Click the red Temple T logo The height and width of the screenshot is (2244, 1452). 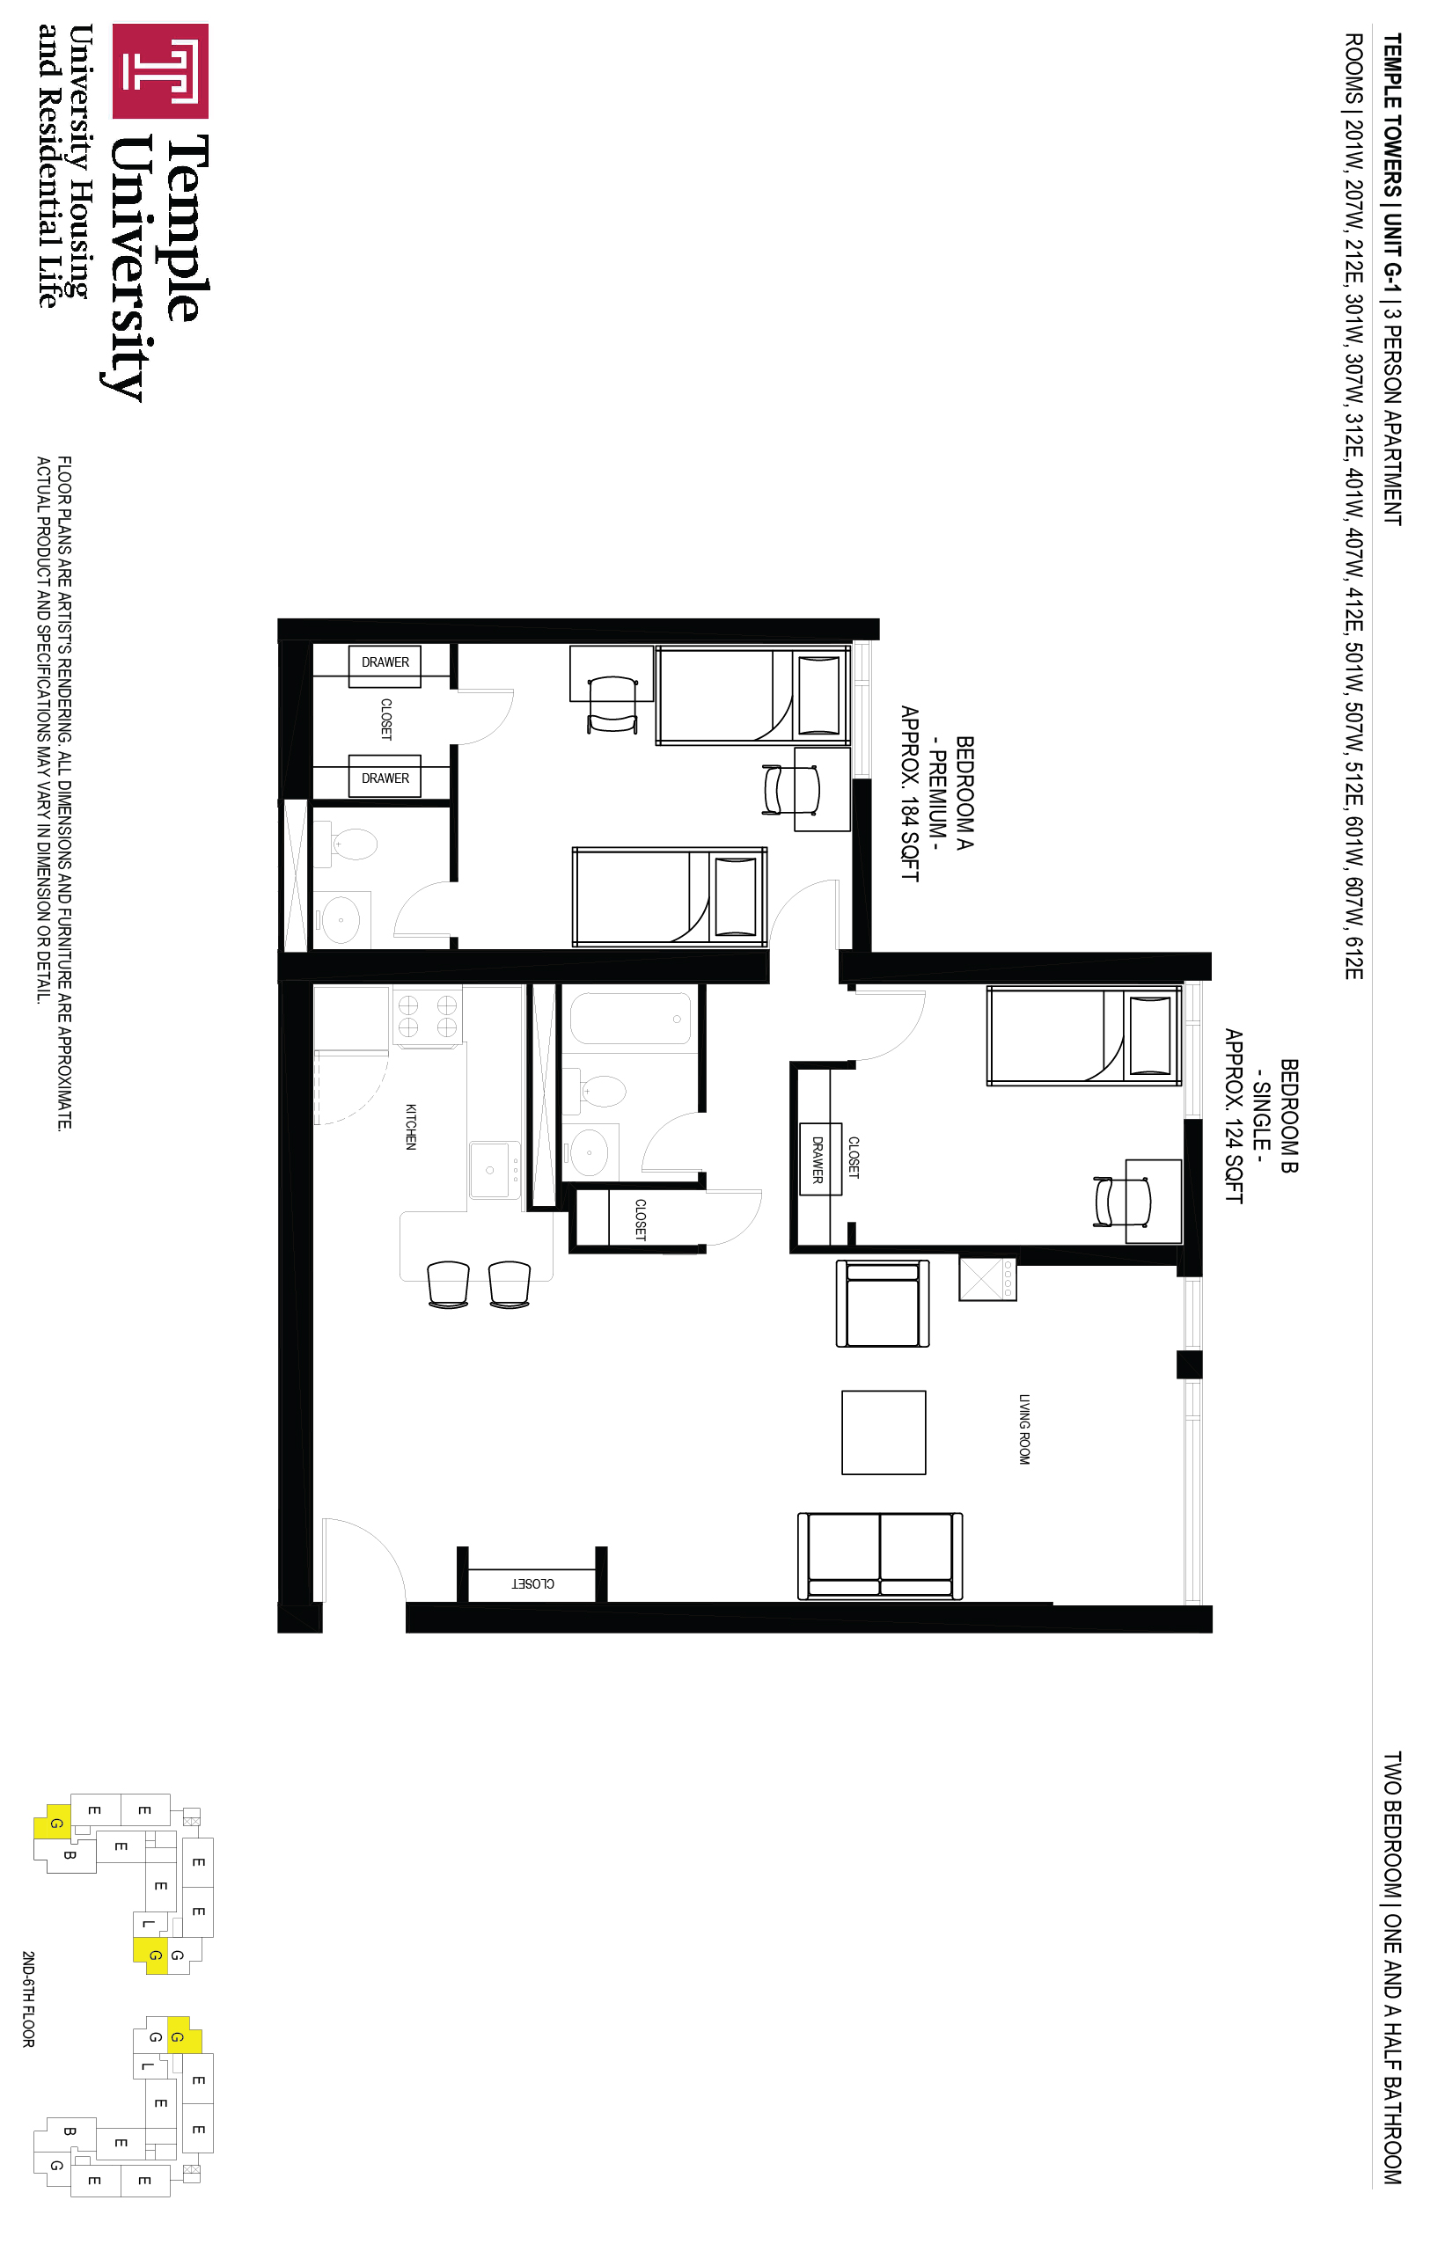click(160, 70)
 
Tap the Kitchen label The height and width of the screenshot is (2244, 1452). click(410, 1126)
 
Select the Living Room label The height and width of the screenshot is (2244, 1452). click(1024, 1429)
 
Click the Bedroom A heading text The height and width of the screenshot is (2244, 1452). click(964, 793)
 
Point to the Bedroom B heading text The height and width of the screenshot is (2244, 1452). click(1289, 1116)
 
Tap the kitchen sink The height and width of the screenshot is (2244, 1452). click(494, 1170)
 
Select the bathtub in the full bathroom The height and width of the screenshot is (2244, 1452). click(630, 1018)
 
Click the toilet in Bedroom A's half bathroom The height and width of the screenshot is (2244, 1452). click(347, 844)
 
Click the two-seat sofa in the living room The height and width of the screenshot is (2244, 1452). click(880, 1555)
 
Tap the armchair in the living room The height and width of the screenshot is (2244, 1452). click(883, 1304)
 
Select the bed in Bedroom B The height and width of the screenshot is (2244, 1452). click(1083, 1035)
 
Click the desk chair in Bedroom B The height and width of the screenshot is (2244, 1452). click(1122, 1202)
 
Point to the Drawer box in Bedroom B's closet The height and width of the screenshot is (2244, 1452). click(819, 1159)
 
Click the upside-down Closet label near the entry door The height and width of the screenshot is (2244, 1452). click(532, 1583)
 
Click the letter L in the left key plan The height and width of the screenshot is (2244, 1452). click(147, 1924)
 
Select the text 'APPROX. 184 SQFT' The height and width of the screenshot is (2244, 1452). click(909, 793)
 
